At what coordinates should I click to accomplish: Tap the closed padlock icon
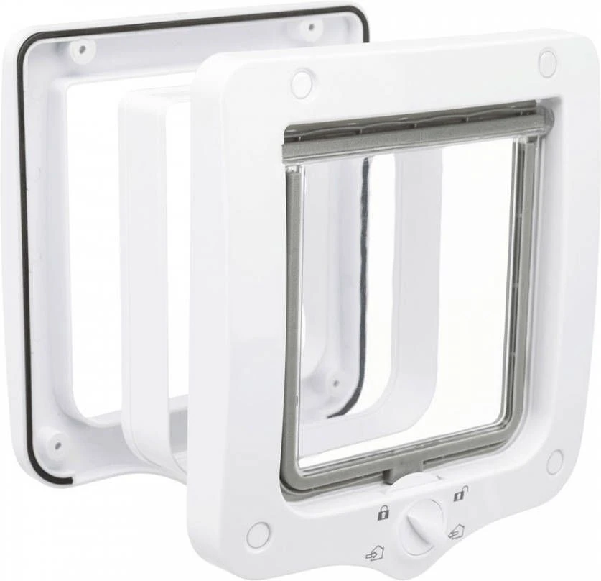(x=383, y=513)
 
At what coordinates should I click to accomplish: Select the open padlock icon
(x=460, y=494)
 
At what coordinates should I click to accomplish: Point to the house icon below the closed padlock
(x=373, y=554)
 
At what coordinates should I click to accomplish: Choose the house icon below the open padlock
(x=455, y=533)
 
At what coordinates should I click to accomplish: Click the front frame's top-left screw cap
(x=302, y=83)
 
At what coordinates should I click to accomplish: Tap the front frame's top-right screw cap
(x=547, y=63)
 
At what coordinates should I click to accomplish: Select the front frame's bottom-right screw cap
(x=554, y=461)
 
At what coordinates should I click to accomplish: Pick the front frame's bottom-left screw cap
(x=257, y=534)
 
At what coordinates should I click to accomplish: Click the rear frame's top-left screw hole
(x=82, y=49)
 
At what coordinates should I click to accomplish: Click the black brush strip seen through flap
(x=363, y=288)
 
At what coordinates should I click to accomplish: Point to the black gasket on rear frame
(x=23, y=252)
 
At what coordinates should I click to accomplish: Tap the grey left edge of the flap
(x=292, y=324)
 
